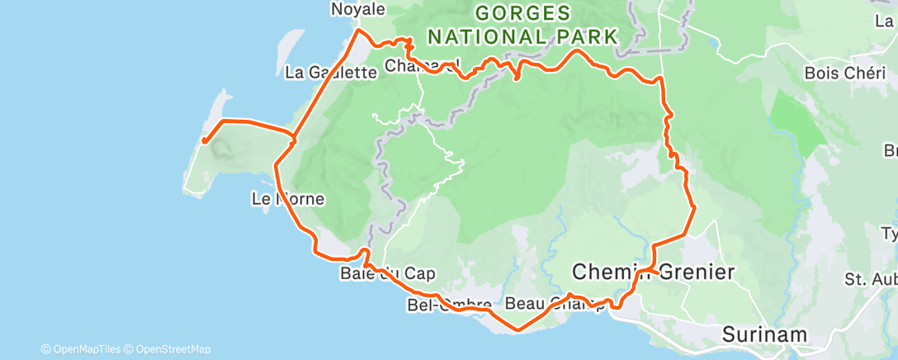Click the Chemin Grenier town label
652,272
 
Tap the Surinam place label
763,334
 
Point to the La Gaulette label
330,73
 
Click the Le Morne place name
288,199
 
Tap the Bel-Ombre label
450,306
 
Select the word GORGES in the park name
522,14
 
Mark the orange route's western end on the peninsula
204,141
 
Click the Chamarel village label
421,65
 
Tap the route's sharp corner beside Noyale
357,31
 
